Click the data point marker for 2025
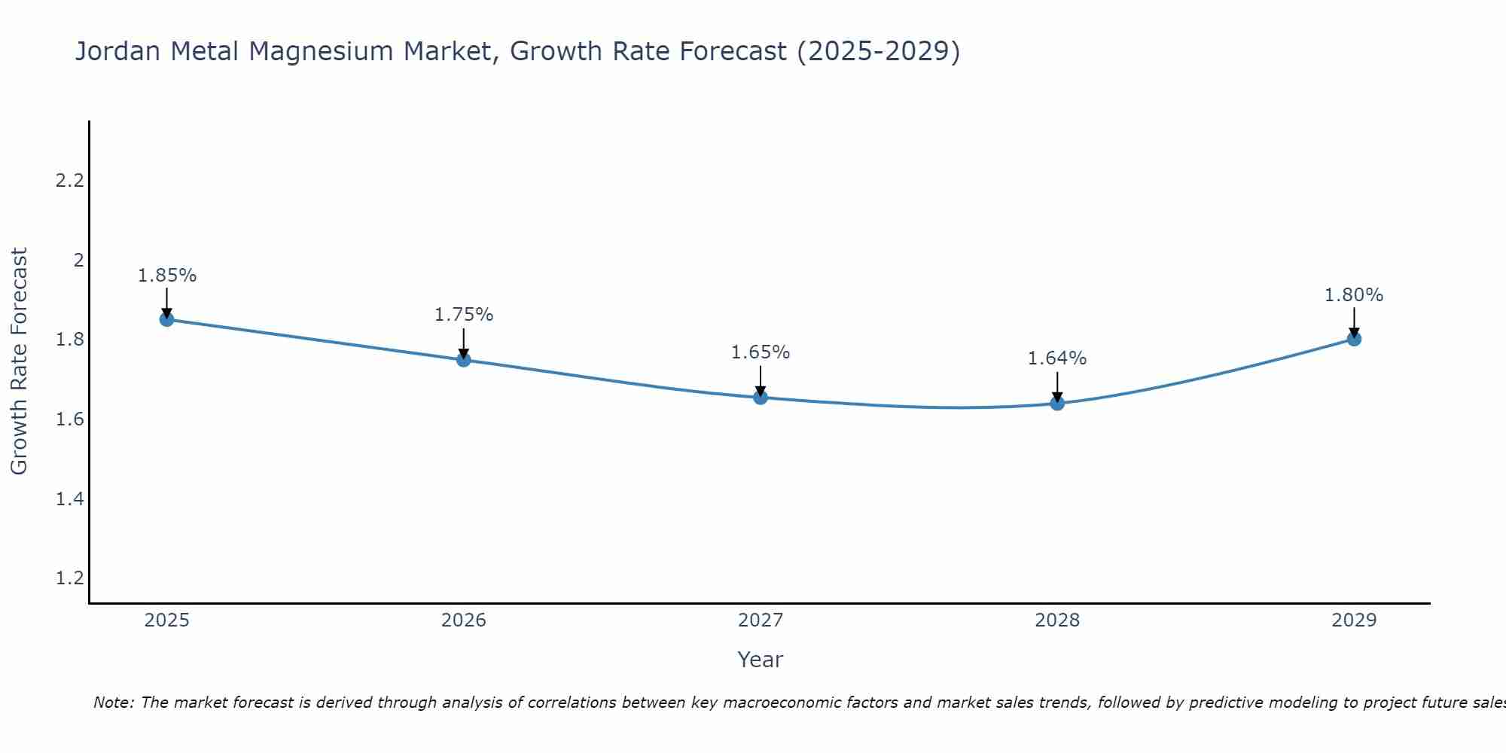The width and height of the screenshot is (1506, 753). point(166,319)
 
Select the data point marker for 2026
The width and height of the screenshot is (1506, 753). point(463,360)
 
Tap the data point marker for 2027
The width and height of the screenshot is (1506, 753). point(761,397)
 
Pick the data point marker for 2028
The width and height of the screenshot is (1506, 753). point(1057,403)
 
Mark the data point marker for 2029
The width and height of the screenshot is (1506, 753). point(1354,339)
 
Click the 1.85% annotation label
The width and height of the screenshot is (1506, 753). point(166,276)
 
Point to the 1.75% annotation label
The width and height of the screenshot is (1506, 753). point(463,315)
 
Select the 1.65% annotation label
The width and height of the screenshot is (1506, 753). point(761,352)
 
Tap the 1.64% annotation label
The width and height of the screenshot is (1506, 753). point(1057,358)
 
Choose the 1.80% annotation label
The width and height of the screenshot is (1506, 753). point(1354,295)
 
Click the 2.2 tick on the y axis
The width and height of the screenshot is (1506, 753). point(70,181)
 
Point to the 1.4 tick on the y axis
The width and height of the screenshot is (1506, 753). point(70,498)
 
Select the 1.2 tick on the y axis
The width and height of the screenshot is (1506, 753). point(70,578)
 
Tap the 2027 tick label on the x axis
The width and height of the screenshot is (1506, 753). point(761,620)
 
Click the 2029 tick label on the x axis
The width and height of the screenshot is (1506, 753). point(1354,620)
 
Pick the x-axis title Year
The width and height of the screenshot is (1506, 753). point(761,660)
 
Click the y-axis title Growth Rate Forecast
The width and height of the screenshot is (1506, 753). point(19,361)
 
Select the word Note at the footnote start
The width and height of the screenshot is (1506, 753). point(113,703)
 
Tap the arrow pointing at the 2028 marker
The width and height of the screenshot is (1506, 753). point(1057,386)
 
